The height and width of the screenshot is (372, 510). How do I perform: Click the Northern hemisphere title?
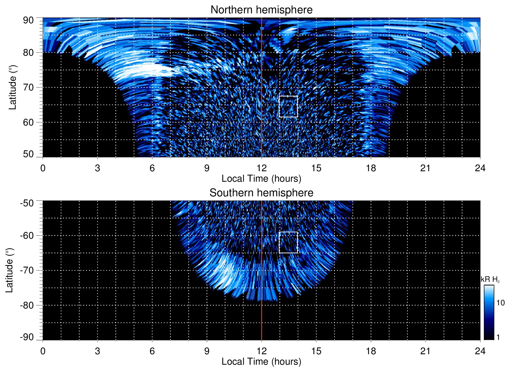261,10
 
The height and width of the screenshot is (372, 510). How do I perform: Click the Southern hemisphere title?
261,193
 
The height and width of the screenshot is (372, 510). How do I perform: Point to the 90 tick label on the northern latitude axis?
28,20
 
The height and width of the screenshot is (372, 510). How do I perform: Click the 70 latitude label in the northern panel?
28,87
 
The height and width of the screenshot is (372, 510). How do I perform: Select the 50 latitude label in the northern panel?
28,154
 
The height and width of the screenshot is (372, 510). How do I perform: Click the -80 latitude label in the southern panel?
27,305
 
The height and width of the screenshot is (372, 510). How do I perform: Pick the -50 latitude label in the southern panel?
27,203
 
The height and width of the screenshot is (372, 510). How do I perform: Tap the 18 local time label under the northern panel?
371,168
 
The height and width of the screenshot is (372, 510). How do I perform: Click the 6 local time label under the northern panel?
152,168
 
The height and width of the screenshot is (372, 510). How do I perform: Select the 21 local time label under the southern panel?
426,351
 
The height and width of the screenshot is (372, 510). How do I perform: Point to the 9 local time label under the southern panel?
207,351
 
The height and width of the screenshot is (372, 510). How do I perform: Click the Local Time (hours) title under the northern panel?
261,179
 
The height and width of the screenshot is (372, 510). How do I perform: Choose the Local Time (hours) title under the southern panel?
261,362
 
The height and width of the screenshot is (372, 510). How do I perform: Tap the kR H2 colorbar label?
490,279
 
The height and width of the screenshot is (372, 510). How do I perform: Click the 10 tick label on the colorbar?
500,303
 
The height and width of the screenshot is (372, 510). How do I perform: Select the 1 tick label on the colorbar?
498,337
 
